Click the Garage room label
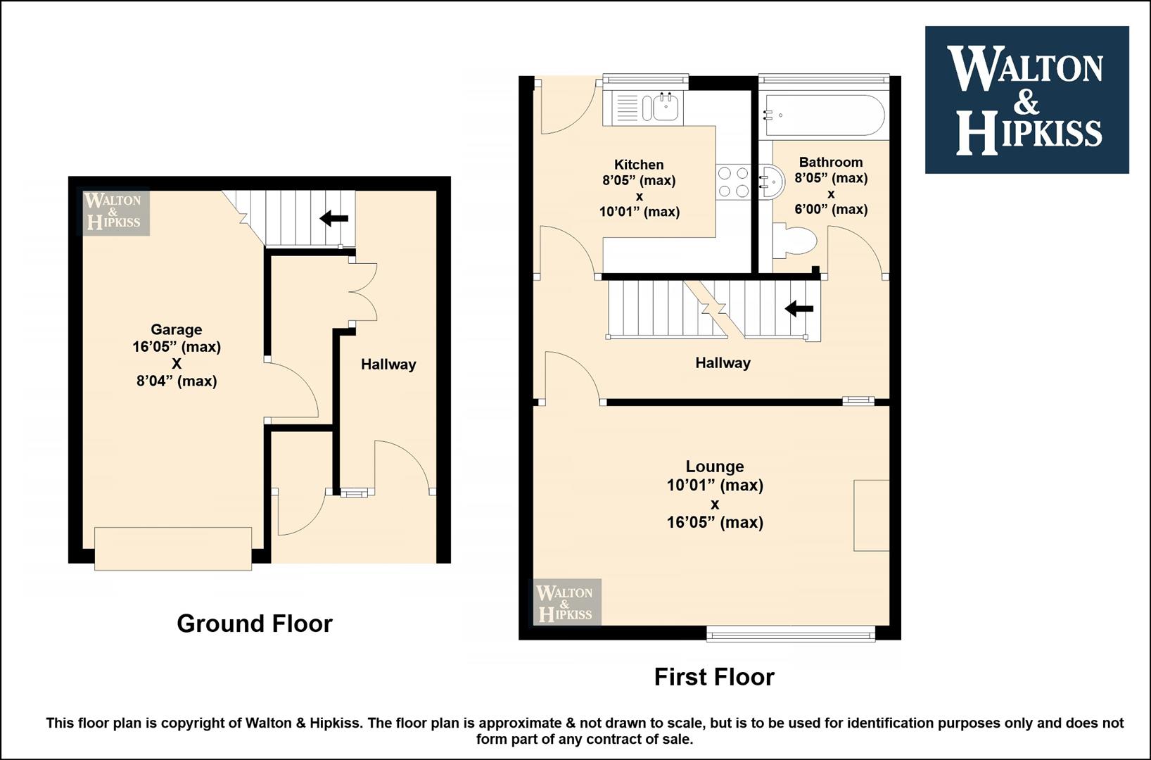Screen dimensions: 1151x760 (x=177, y=329)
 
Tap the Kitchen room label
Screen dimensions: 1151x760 (x=639, y=165)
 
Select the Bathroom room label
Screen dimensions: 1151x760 (x=831, y=163)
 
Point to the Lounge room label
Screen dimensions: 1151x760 (x=715, y=467)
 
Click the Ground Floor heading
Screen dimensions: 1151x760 (x=255, y=623)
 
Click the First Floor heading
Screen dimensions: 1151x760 (x=714, y=677)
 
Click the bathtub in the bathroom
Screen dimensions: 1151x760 (x=824, y=115)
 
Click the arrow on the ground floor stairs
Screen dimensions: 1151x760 (x=334, y=218)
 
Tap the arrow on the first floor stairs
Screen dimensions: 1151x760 (x=799, y=309)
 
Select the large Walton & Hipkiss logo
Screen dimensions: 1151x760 (x=1027, y=100)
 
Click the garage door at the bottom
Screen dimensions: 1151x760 (x=173, y=549)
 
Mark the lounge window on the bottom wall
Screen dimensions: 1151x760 (x=791, y=634)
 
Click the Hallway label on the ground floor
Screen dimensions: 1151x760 (x=388, y=365)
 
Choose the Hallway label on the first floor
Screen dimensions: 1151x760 (x=723, y=363)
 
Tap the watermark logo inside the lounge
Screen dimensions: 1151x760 (x=567, y=602)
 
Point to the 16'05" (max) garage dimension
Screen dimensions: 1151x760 (x=177, y=347)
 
